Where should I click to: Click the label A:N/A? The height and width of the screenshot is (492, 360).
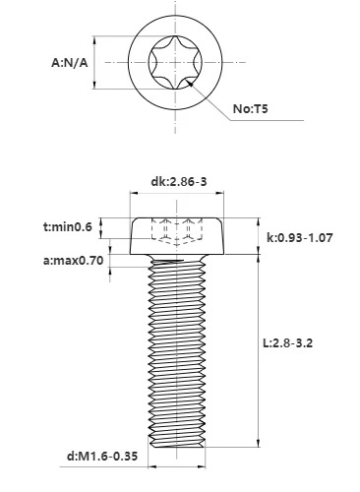(70, 62)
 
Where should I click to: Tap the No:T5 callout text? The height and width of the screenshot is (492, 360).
(250, 108)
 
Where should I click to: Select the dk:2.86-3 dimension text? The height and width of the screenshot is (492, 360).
(179, 181)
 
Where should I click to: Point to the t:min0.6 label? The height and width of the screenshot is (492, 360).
(68, 226)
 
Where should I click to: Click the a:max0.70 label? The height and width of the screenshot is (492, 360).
(74, 261)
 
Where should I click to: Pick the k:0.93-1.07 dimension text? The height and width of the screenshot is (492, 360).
(299, 237)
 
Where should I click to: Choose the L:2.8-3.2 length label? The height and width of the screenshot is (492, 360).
(288, 343)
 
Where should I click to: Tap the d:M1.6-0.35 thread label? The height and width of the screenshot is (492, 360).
(102, 456)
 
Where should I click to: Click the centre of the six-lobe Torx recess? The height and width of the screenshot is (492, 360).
(175, 62)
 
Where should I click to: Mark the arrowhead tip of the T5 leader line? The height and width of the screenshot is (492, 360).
(187, 81)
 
